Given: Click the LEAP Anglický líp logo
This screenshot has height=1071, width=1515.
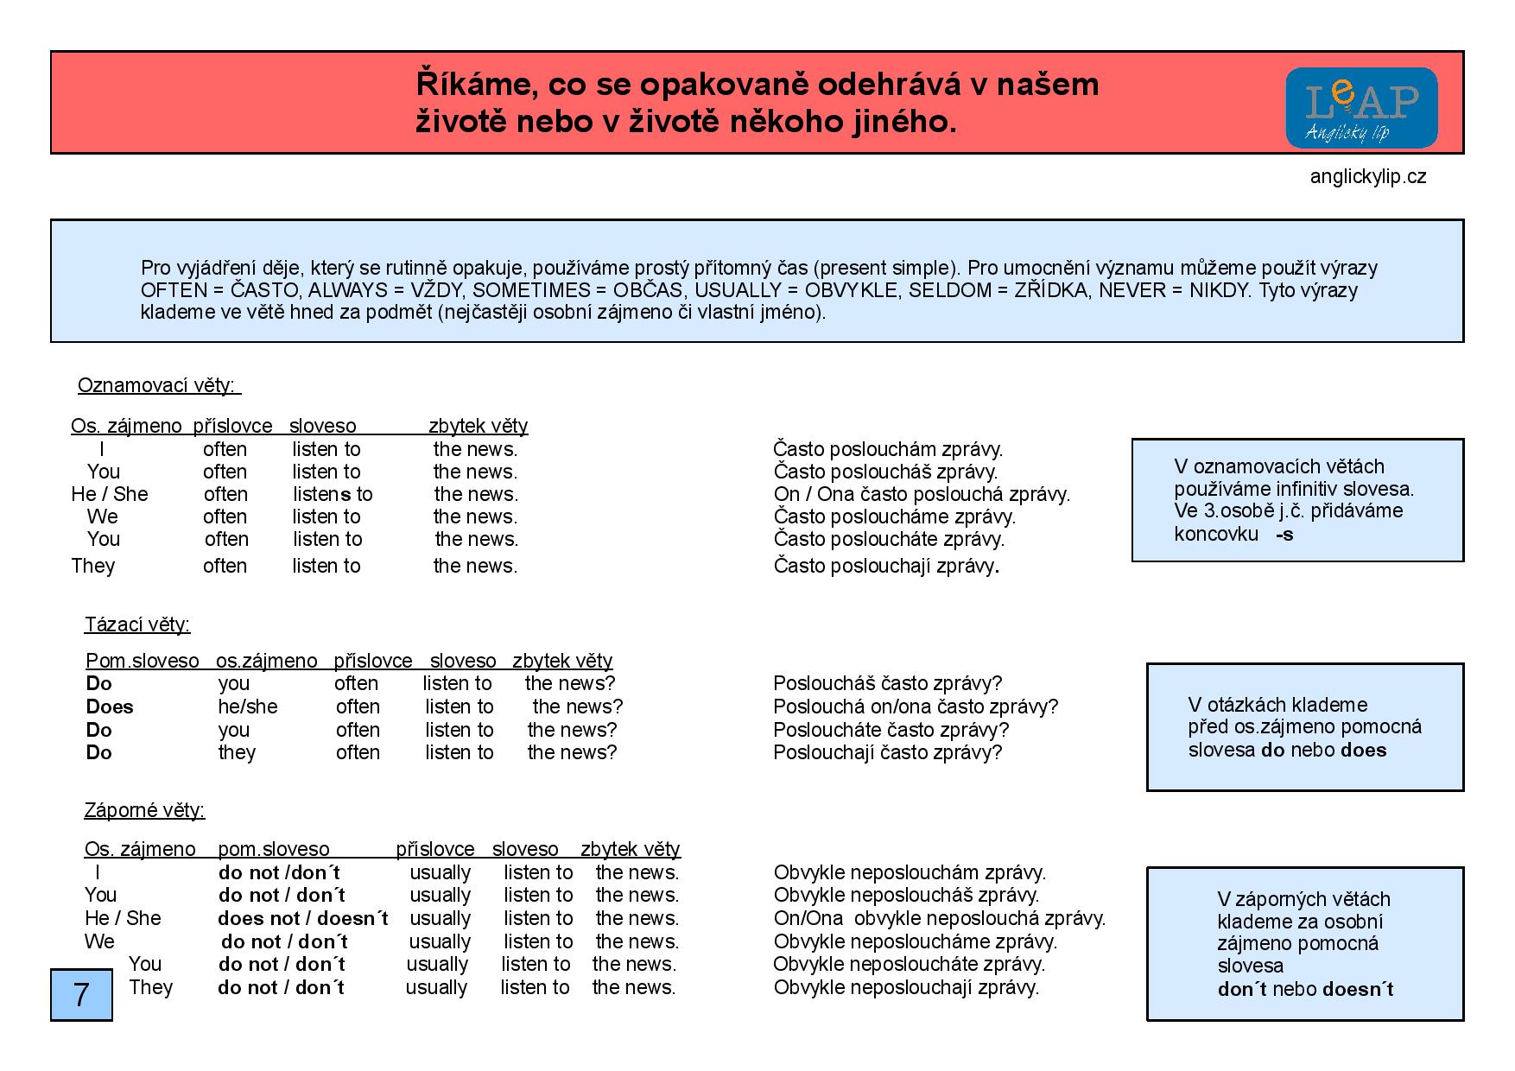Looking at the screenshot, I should pos(1361,108).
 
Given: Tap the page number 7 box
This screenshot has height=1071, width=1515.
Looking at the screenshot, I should pos(81,994).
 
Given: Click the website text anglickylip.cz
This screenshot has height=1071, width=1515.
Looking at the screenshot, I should pos(1367,177).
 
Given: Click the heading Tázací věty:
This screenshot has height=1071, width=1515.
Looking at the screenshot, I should pos(137,624).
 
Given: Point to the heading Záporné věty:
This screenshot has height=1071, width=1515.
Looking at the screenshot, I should pos(144,810).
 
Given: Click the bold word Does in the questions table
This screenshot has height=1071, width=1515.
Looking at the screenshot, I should pos(110,707).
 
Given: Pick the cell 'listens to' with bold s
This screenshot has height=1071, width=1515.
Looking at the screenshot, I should pos(333,494).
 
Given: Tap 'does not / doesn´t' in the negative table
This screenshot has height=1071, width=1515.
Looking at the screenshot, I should pos(302,918).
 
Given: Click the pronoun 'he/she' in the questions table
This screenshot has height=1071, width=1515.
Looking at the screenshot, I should pos(248,707).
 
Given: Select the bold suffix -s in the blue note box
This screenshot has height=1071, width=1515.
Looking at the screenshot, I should pos(1284,534).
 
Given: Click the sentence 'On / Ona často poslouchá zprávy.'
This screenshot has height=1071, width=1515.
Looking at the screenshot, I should pos(922,494).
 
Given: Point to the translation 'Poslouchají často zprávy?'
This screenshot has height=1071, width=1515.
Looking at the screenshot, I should pos(887,752).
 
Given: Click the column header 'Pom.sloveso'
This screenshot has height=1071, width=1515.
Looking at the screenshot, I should pos(143,661).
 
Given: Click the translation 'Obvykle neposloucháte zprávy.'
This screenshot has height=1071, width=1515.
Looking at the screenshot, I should pos(909,964).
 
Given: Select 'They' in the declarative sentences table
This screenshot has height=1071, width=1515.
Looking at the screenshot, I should pos(92,566).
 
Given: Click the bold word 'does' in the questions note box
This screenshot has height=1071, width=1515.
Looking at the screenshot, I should pos(1364,750).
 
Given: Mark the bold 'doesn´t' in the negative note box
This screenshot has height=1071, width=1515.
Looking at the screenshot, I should pos(1357,989).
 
